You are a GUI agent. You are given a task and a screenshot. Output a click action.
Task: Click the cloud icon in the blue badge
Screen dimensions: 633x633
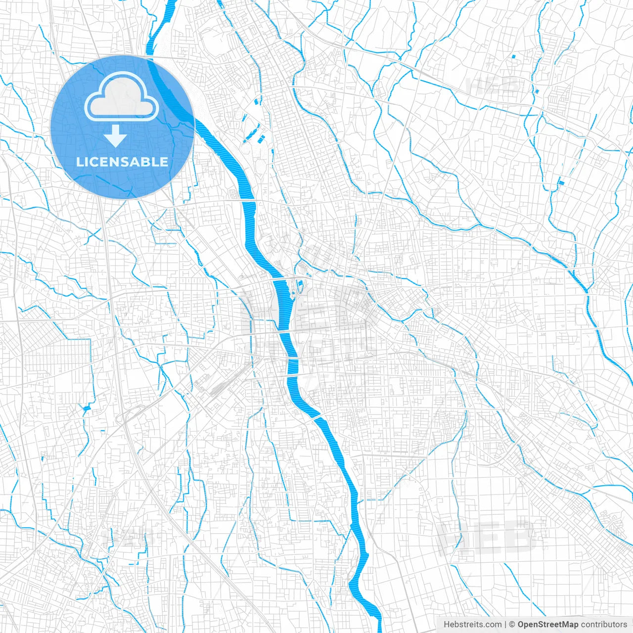click(x=122, y=96)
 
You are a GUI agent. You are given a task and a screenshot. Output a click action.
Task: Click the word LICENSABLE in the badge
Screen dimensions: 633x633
click(x=122, y=162)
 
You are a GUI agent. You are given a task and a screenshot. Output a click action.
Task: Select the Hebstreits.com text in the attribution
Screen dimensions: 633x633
click(x=472, y=625)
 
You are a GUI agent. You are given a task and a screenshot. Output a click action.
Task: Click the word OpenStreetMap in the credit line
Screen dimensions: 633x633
click(x=548, y=625)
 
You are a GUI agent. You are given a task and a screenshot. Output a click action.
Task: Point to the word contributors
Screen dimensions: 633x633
click(x=604, y=625)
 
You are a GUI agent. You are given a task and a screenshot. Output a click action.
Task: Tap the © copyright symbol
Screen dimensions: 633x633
click(x=512, y=625)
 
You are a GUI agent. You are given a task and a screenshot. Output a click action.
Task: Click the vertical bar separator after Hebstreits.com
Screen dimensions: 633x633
click(x=505, y=625)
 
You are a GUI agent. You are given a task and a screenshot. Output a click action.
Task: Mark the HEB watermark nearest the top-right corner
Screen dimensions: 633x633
click(x=492, y=85)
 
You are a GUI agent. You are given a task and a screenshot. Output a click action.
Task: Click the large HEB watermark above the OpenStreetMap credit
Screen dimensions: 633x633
click(x=487, y=537)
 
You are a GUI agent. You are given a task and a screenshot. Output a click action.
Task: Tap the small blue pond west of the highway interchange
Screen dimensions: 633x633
click(x=87, y=408)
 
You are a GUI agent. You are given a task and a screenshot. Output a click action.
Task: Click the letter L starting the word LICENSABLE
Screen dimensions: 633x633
click(x=80, y=162)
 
